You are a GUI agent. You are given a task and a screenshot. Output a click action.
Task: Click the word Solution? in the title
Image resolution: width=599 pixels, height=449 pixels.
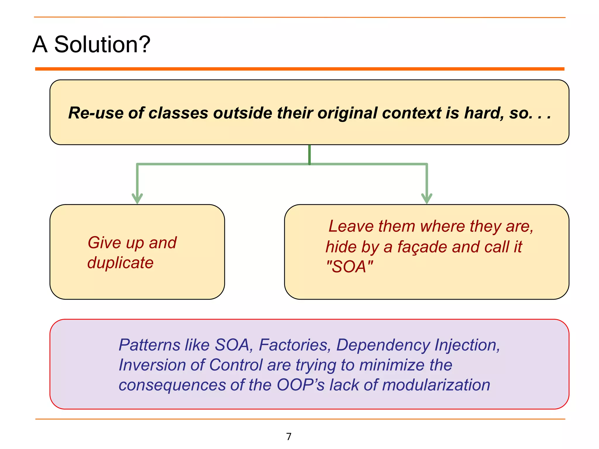click(102, 44)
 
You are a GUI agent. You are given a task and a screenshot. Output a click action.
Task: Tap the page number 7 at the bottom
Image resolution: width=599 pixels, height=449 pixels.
click(289, 436)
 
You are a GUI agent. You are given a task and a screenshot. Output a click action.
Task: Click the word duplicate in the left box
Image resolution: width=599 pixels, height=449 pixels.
click(120, 263)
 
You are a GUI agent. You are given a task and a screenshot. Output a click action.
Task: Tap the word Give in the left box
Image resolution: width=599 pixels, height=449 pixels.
click(104, 243)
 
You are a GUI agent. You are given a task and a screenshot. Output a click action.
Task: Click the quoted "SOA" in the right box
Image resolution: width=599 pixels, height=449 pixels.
click(350, 267)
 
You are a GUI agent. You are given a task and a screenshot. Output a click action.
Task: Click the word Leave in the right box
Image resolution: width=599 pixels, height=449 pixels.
click(351, 226)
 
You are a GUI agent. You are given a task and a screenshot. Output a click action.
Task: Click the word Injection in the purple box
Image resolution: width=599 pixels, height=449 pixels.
click(467, 345)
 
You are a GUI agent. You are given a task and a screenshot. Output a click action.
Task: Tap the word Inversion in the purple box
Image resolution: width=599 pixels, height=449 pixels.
click(152, 365)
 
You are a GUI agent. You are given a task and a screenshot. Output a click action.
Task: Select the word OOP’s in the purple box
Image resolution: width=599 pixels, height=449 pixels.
click(300, 385)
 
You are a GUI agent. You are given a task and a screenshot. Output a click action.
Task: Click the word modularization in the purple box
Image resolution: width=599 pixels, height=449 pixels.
click(436, 385)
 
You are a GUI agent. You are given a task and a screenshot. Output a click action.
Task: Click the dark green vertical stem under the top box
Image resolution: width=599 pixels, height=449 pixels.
click(309, 154)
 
